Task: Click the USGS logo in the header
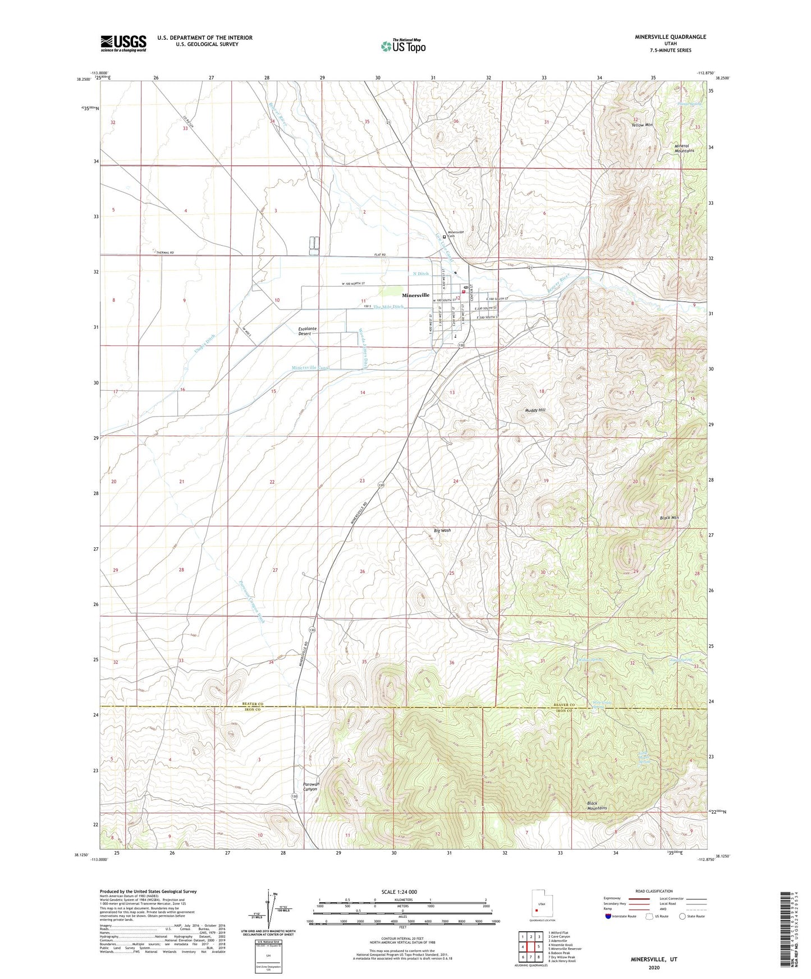(x=123, y=43)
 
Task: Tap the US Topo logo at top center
(x=403, y=46)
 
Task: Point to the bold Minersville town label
(x=415, y=295)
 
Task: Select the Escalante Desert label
(x=306, y=331)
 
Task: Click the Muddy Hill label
(x=535, y=410)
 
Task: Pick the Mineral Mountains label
(x=684, y=148)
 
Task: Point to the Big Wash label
(x=442, y=530)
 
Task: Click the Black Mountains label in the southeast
(x=597, y=806)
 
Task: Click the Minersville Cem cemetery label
(x=455, y=234)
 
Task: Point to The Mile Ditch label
(x=388, y=307)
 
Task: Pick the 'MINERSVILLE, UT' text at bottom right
(x=654, y=959)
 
